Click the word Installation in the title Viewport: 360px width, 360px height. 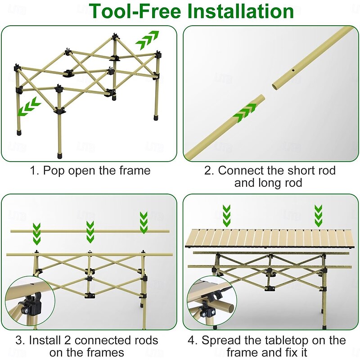(x=241, y=12)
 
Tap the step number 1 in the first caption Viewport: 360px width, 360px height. (x=33, y=171)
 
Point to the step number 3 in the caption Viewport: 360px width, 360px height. (x=33, y=340)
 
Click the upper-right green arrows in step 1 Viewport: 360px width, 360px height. (x=148, y=40)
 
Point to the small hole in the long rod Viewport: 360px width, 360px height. (x=292, y=70)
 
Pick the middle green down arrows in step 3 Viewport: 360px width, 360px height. (x=90, y=231)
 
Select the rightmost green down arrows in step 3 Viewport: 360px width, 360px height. (x=144, y=222)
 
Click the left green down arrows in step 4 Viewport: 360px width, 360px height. (x=227, y=216)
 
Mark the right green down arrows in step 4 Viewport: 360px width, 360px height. (x=318, y=216)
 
